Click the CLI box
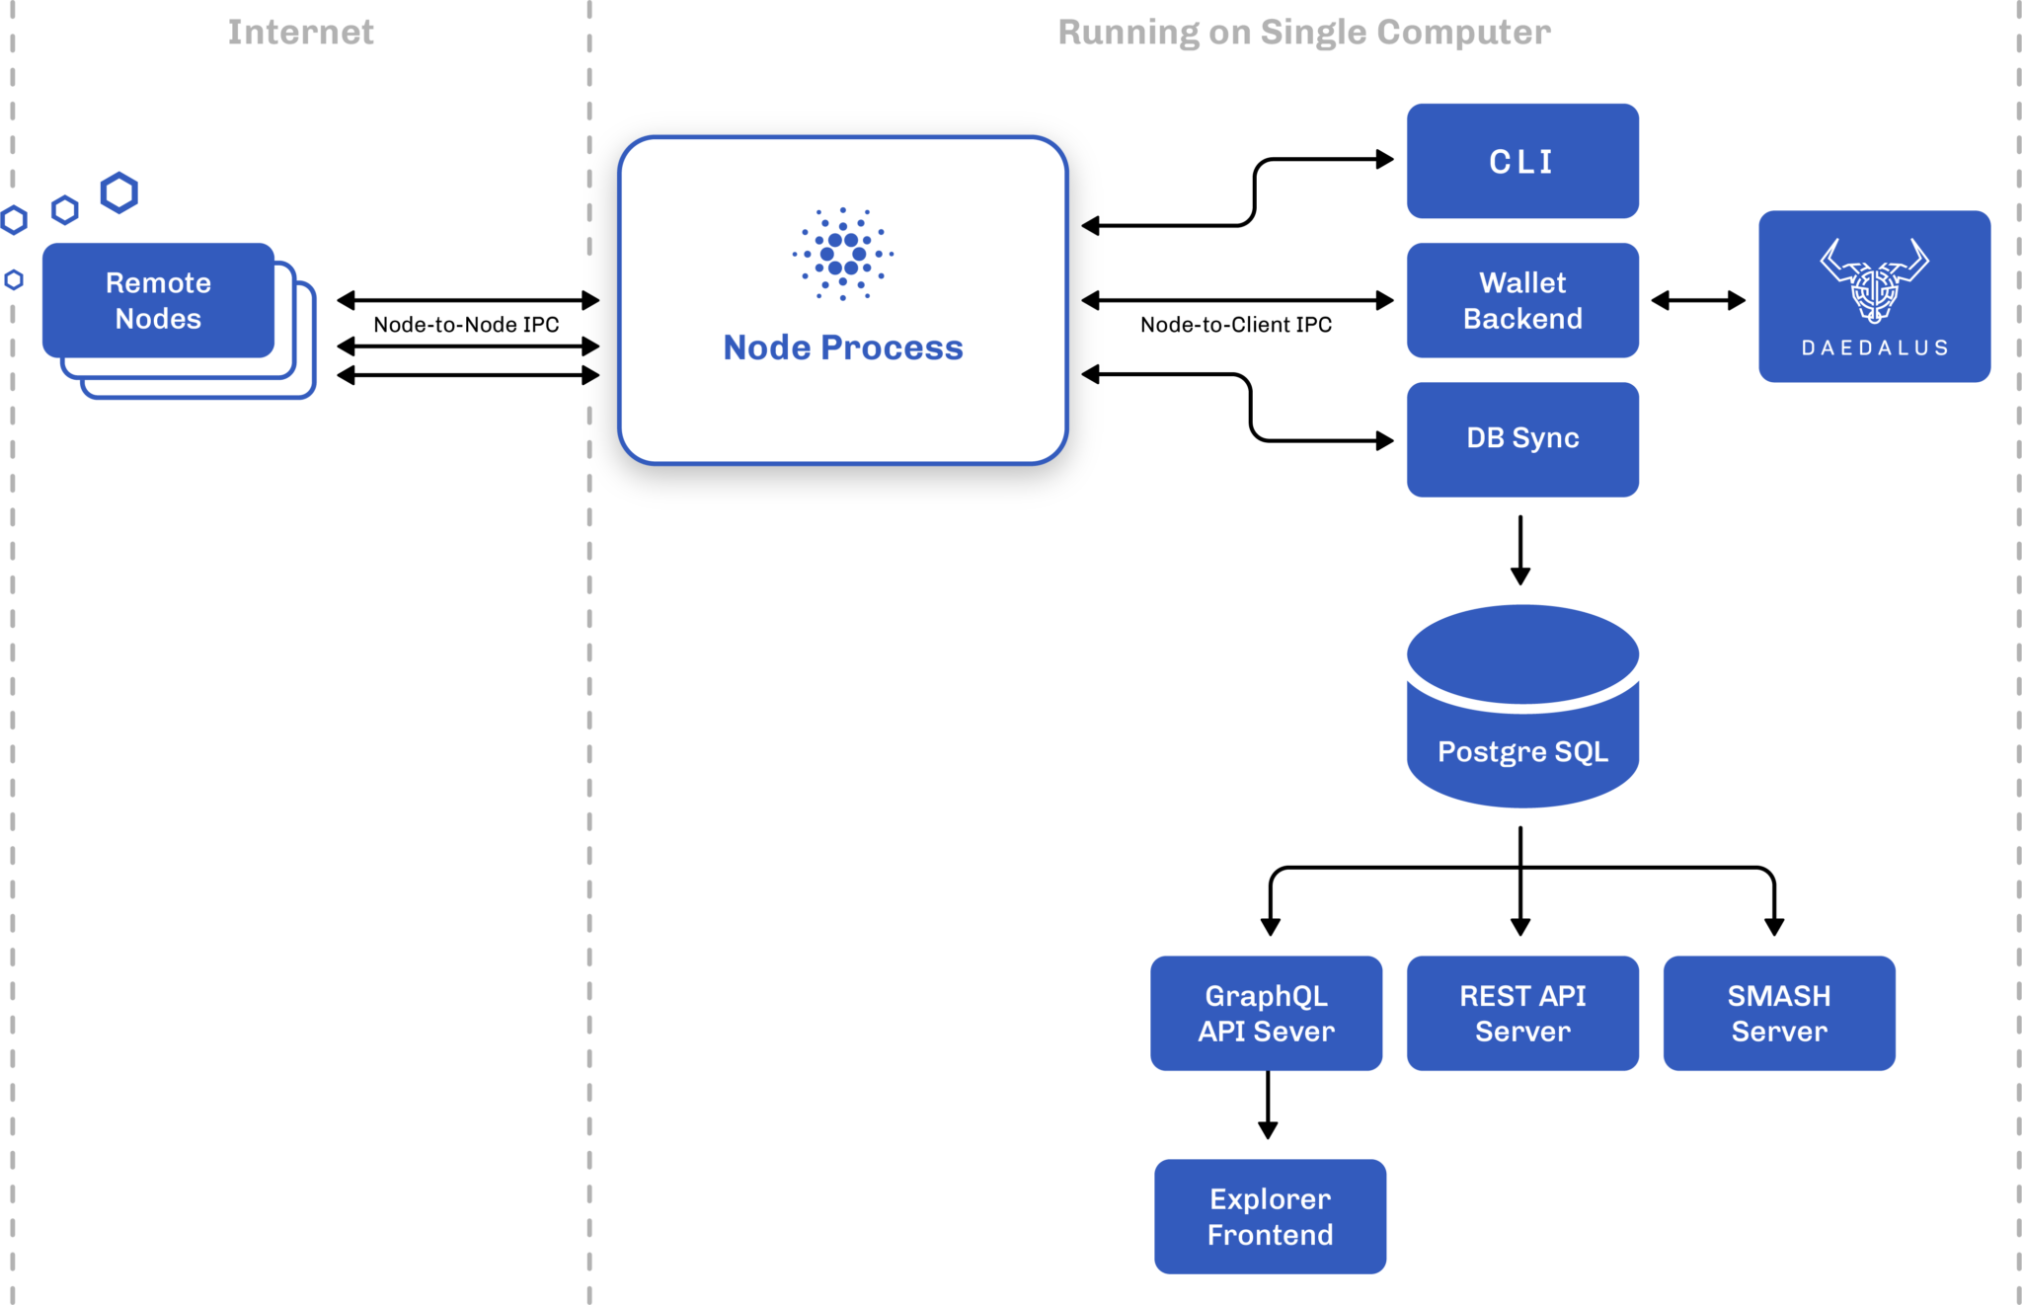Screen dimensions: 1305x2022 [x=1521, y=161]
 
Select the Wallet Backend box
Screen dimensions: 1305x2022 [x=1521, y=300]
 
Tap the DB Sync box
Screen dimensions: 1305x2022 [x=1521, y=438]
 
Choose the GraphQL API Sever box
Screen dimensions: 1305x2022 [x=1266, y=1013]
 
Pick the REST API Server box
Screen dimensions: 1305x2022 [x=1521, y=1013]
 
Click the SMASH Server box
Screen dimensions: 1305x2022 [x=1778, y=1013]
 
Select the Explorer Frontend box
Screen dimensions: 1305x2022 [x=1270, y=1216]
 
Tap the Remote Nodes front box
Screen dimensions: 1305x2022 [x=158, y=300]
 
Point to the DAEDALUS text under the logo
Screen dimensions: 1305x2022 [x=1874, y=347]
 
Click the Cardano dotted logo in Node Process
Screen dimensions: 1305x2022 [x=842, y=254]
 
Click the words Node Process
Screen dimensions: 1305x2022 [x=842, y=347]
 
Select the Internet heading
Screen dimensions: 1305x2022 [x=300, y=32]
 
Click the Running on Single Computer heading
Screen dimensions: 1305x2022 [x=1303, y=32]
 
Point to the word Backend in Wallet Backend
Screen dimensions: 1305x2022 [x=1521, y=319]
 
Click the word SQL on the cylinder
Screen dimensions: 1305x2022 [x=1581, y=751]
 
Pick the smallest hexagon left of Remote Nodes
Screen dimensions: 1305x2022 [x=14, y=280]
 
